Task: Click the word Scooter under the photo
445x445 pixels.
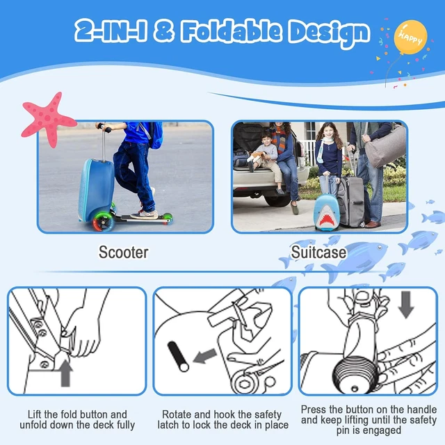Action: [x=122, y=251]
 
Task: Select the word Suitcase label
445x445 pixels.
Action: [x=318, y=251]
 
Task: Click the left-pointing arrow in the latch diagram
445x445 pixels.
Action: [x=204, y=357]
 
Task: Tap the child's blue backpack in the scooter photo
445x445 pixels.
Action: [x=154, y=134]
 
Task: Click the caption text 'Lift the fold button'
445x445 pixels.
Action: [x=76, y=414]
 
